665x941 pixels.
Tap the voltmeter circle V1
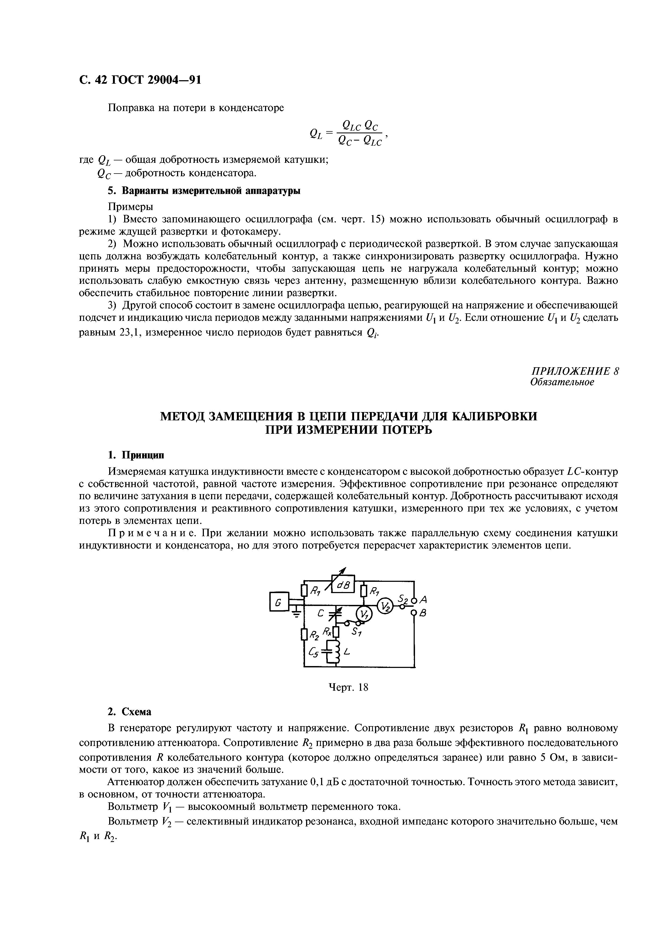click(363, 613)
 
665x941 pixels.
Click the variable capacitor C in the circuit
click(337, 613)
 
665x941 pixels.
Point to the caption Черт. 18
click(349, 687)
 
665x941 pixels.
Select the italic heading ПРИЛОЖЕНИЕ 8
click(574, 371)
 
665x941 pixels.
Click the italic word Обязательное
click(562, 382)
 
